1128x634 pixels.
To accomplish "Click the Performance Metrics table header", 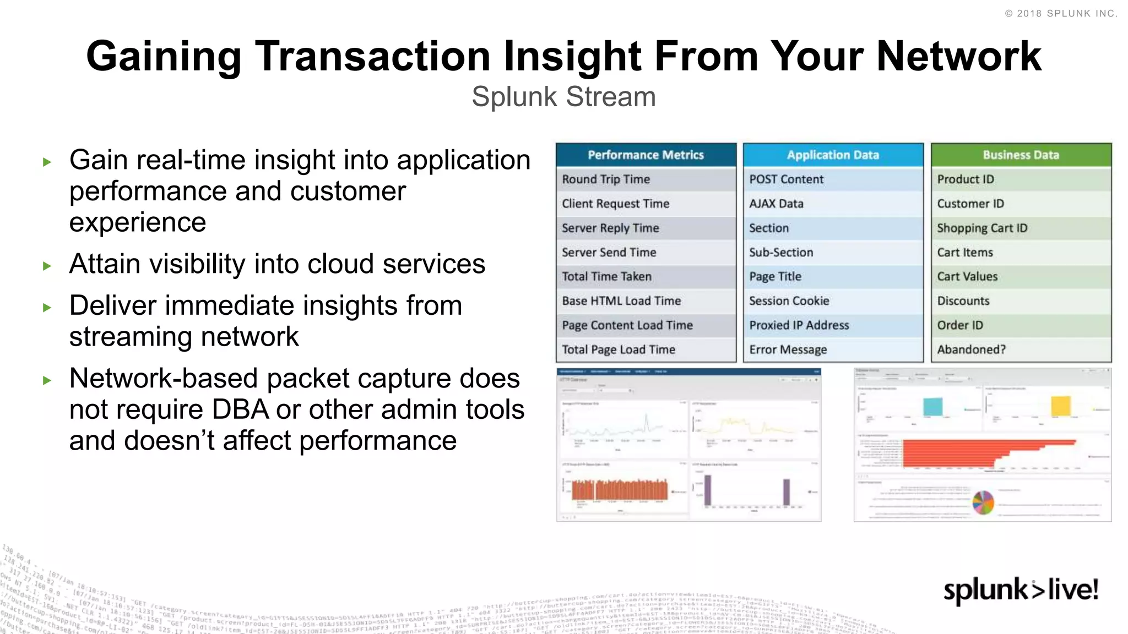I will click(x=646, y=155).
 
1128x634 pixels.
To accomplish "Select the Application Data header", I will click(x=833, y=155).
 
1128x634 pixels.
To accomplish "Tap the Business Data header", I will click(x=1021, y=155).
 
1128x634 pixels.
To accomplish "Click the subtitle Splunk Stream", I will click(x=563, y=97).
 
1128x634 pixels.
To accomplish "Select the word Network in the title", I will click(x=958, y=56).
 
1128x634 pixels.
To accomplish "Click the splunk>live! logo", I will click(x=1021, y=590).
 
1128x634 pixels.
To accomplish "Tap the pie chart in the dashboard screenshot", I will click(x=983, y=502).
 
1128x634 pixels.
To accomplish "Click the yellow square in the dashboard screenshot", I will click(x=1060, y=406).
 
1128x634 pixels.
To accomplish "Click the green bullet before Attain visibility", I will click(x=47, y=266).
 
